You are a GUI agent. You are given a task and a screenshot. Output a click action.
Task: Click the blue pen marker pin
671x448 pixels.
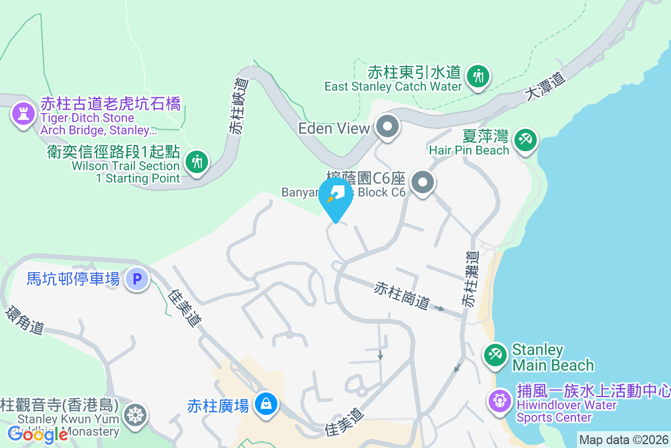[x=335, y=197]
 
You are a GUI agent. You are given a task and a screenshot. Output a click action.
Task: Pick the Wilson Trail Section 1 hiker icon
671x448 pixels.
[x=196, y=162]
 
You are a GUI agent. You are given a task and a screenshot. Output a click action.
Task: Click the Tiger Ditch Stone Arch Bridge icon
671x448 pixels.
[x=22, y=114]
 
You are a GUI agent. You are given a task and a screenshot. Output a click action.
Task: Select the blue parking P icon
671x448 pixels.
[x=137, y=278]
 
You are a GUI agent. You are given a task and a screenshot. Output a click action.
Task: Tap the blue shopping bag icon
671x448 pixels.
[x=266, y=403]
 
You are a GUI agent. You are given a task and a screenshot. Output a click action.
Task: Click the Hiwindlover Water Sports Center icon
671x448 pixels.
[x=499, y=401]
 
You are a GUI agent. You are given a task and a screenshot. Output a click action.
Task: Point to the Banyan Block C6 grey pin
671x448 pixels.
[x=423, y=183]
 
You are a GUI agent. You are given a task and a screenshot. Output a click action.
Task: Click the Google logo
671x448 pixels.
[x=37, y=434]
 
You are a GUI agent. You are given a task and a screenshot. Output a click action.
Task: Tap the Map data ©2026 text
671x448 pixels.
[x=623, y=440]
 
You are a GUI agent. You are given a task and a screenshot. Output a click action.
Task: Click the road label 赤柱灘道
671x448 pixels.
[x=470, y=279]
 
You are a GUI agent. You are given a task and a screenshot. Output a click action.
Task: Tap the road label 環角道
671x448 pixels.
[x=25, y=320]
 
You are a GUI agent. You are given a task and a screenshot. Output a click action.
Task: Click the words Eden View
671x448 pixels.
[x=334, y=128]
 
